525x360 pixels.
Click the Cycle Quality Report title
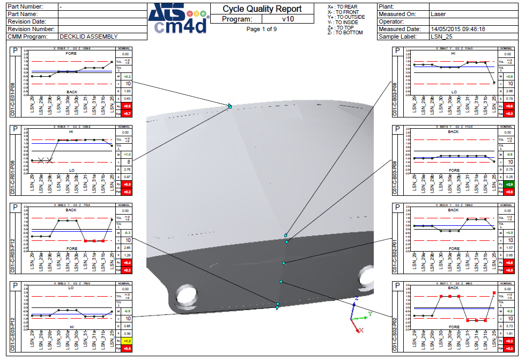[262, 9]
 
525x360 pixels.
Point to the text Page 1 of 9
[262, 29]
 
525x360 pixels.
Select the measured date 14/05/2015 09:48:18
[458, 29]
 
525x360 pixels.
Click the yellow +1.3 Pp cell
[127, 341]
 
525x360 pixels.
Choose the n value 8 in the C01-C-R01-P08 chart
[128, 161]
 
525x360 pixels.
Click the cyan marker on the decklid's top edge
[229, 106]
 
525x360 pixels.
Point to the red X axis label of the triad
[361, 330]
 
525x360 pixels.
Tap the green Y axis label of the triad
[370, 313]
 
